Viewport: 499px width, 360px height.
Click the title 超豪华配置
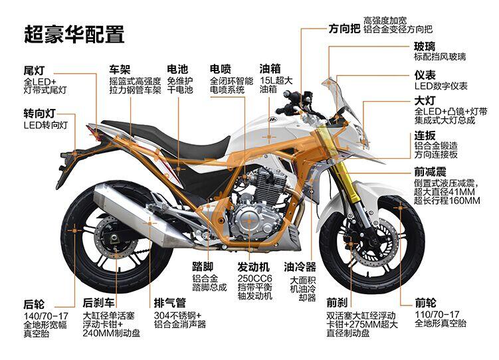click(74, 34)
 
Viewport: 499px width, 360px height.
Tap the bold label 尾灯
click(34, 70)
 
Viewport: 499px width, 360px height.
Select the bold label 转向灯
click(39, 113)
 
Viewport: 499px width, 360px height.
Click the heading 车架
click(120, 69)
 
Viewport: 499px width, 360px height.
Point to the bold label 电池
click(177, 69)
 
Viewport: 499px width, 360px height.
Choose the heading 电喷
click(220, 68)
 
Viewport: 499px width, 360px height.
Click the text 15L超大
click(276, 80)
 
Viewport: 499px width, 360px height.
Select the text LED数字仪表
click(441, 86)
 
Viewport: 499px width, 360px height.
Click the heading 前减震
click(431, 172)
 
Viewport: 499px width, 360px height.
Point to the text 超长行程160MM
click(447, 201)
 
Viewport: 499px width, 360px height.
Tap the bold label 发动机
click(254, 267)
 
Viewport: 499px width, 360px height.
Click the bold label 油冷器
click(300, 267)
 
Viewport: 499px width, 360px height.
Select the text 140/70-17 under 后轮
click(46, 316)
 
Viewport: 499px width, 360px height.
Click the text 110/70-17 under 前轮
click(437, 315)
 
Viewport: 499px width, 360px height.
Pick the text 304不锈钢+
click(177, 315)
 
